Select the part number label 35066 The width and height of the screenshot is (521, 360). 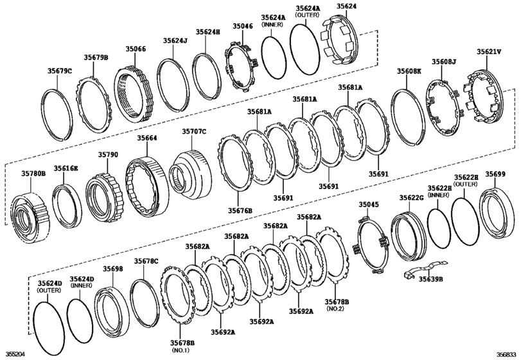[136, 48]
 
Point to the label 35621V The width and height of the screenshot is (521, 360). [489, 51]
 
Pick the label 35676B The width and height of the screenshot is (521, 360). [240, 210]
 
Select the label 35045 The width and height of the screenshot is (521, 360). [369, 204]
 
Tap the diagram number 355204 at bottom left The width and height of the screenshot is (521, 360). [16, 354]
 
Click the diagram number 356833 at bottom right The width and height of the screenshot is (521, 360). [506, 354]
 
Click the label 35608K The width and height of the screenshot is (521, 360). [409, 70]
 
